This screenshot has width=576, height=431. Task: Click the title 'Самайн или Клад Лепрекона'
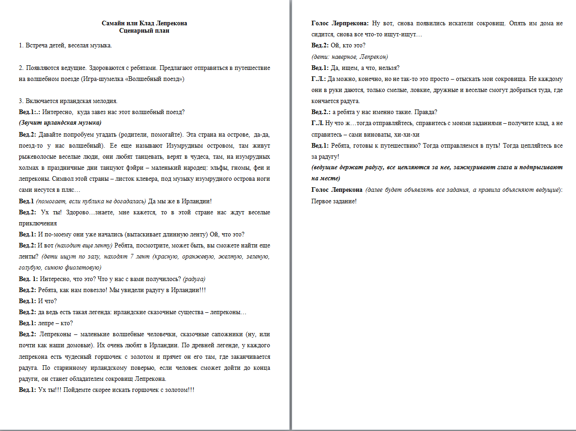click(144, 23)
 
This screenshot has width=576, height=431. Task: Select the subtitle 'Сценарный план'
click(144, 31)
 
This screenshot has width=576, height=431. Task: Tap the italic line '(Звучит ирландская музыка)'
click(60, 123)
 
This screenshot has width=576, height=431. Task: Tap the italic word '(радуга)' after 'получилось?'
click(194, 279)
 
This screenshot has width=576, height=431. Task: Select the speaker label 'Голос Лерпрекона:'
click(340, 23)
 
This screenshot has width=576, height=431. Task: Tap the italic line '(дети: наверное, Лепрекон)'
click(350, 57)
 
